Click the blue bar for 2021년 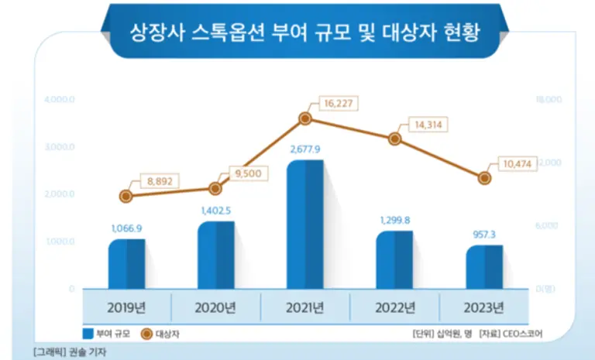tap(304, 225)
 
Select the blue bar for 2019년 tap(126, 264)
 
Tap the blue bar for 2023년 tap(484, 267)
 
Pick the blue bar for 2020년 tap(215, 255)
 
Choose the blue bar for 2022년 tap(394, 260)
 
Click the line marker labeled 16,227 tap(305, 118)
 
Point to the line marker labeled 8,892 tap(126, 196)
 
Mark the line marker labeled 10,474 tap(484, 177)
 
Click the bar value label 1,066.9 tap(126, 228)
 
